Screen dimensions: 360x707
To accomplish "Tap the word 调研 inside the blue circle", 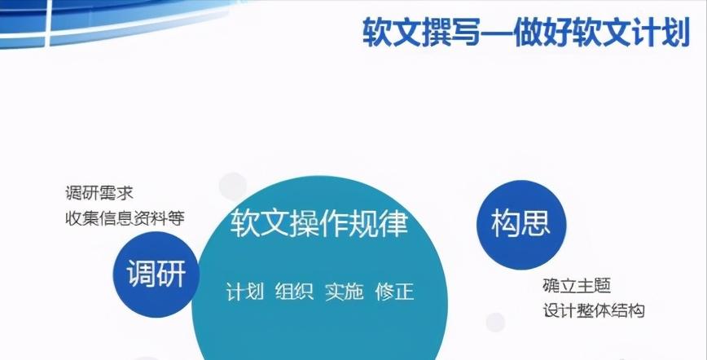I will [156, 275].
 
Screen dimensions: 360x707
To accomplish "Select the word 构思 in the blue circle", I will [519, 222].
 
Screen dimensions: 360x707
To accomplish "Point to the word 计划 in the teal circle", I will [244, 292].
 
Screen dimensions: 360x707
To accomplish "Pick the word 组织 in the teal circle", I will [294, 292].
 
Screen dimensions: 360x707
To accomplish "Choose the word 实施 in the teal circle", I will [344, 292].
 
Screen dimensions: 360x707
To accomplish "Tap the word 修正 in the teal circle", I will [394, 292].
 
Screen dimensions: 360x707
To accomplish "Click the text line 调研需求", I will [99, 194].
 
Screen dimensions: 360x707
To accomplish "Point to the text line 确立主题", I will [576, 286].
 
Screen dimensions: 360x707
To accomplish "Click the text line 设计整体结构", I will [593, 310].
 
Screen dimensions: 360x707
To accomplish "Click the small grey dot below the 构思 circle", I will [495, 322].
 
